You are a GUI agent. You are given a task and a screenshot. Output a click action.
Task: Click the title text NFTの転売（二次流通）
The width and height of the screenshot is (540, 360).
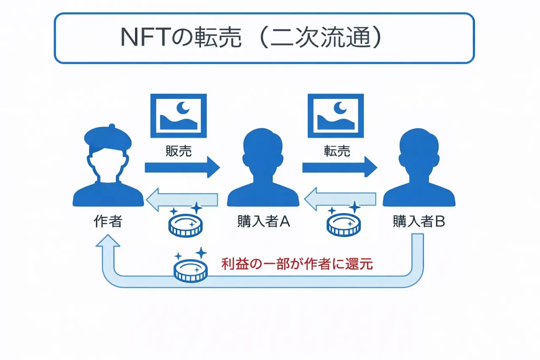coord(251,38)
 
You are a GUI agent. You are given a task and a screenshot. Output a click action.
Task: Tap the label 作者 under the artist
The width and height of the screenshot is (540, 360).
coord(108,222)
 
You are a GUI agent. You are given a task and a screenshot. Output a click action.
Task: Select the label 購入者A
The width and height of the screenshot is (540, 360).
coord(263,222)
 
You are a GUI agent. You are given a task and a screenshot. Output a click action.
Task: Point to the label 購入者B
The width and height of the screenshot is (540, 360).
coord(418,222)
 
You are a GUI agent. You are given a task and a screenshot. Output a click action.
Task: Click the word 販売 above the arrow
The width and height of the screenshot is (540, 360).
coord(179,151)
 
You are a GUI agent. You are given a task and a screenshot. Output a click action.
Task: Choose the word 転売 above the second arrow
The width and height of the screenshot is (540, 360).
coord(337,151)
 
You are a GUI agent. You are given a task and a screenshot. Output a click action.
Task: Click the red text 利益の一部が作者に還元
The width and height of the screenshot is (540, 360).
coord(297,264)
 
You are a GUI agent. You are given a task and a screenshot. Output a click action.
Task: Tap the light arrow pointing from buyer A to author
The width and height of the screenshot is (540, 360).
coord(182,200)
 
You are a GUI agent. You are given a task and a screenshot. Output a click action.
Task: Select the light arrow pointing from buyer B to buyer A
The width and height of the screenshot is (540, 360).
coord(340,200)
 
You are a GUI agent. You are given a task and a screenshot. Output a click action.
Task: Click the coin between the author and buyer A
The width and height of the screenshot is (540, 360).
coord(186,225)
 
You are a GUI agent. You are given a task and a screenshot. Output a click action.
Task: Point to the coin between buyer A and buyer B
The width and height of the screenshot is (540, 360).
coord(343,225)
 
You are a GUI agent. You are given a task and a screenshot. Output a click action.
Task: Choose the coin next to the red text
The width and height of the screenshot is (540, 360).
coord(191,271)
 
